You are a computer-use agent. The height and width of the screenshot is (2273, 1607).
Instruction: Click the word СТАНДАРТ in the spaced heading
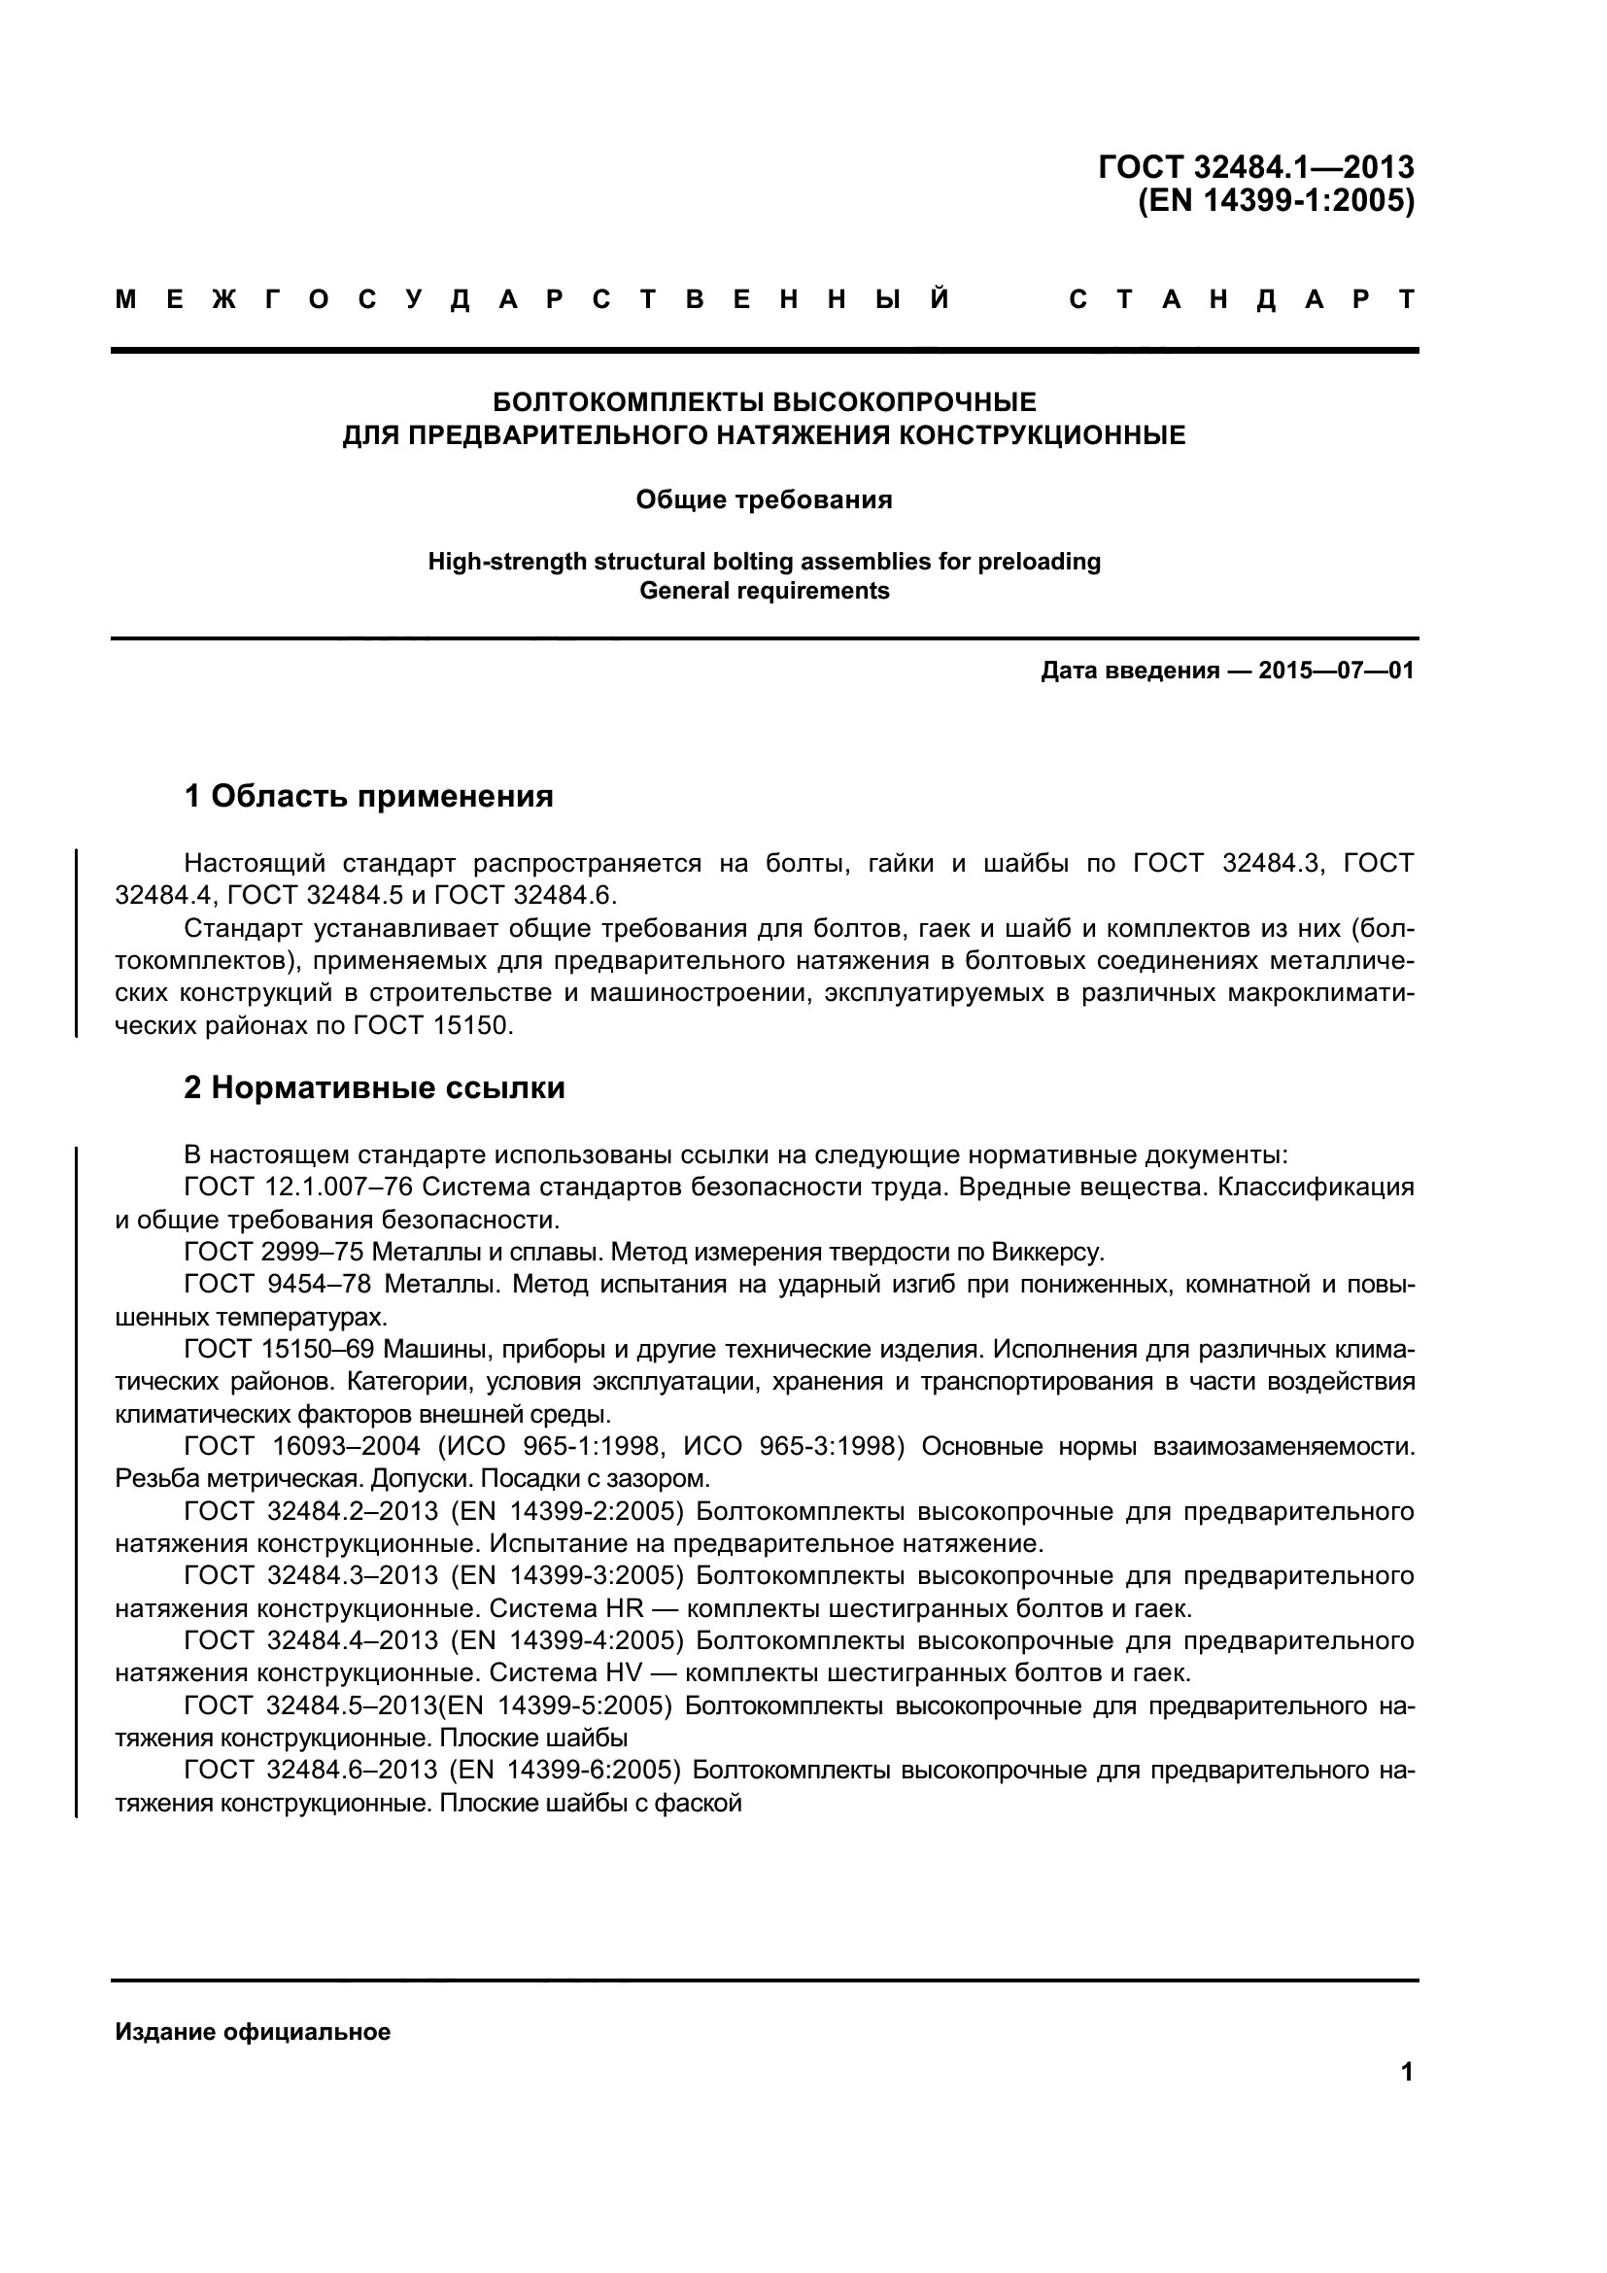point(1243,299)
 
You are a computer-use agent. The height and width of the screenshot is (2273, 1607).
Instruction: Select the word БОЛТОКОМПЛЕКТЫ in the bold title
point(629,402)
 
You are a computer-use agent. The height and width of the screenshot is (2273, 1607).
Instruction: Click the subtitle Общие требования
point(763,499)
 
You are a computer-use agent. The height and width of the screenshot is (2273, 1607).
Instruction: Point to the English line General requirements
point(764,591)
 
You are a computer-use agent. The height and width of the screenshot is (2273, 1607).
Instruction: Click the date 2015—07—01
point(1336,671)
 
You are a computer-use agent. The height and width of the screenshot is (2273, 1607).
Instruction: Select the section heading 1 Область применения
point(368,795)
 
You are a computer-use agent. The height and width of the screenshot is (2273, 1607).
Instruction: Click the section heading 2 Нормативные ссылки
point(374,1088)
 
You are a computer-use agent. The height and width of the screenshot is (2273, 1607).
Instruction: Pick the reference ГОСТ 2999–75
point(274,1253)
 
